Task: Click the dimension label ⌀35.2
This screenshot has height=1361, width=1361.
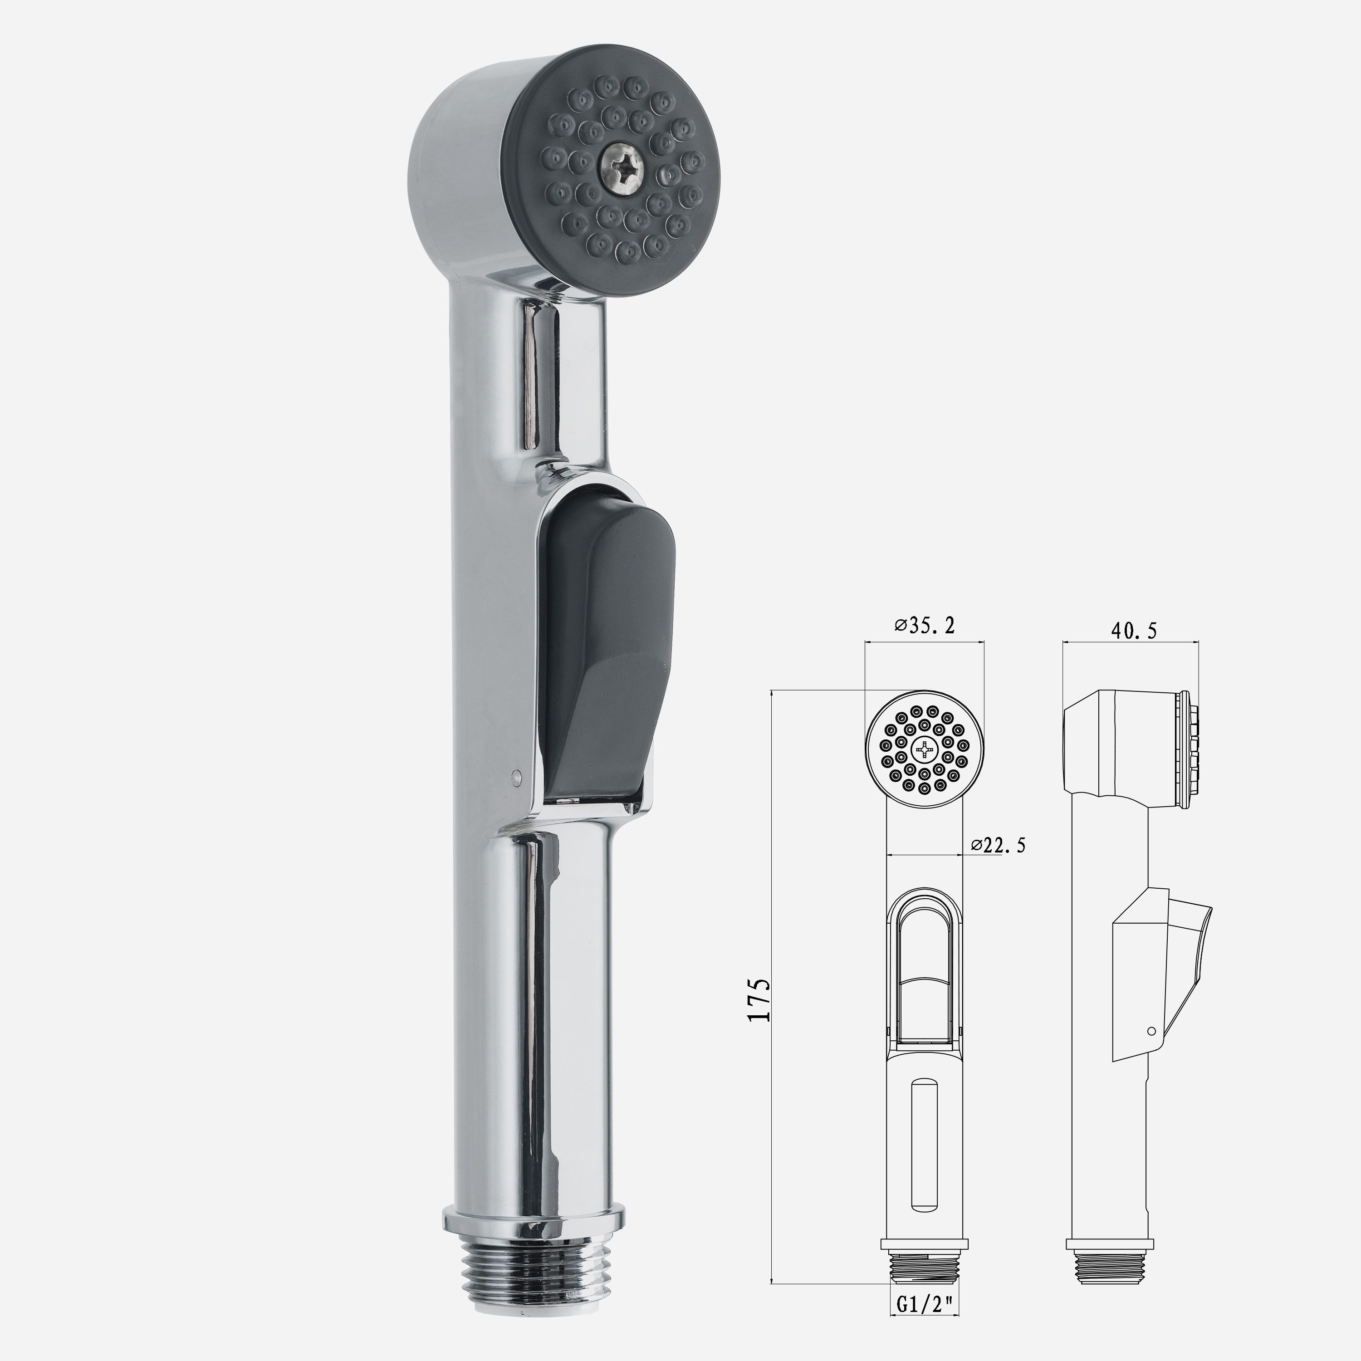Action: tap(925, 626)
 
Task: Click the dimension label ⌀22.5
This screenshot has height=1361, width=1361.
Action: tap(998, 845)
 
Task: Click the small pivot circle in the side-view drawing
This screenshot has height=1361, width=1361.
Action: tap(1151, 1031)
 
